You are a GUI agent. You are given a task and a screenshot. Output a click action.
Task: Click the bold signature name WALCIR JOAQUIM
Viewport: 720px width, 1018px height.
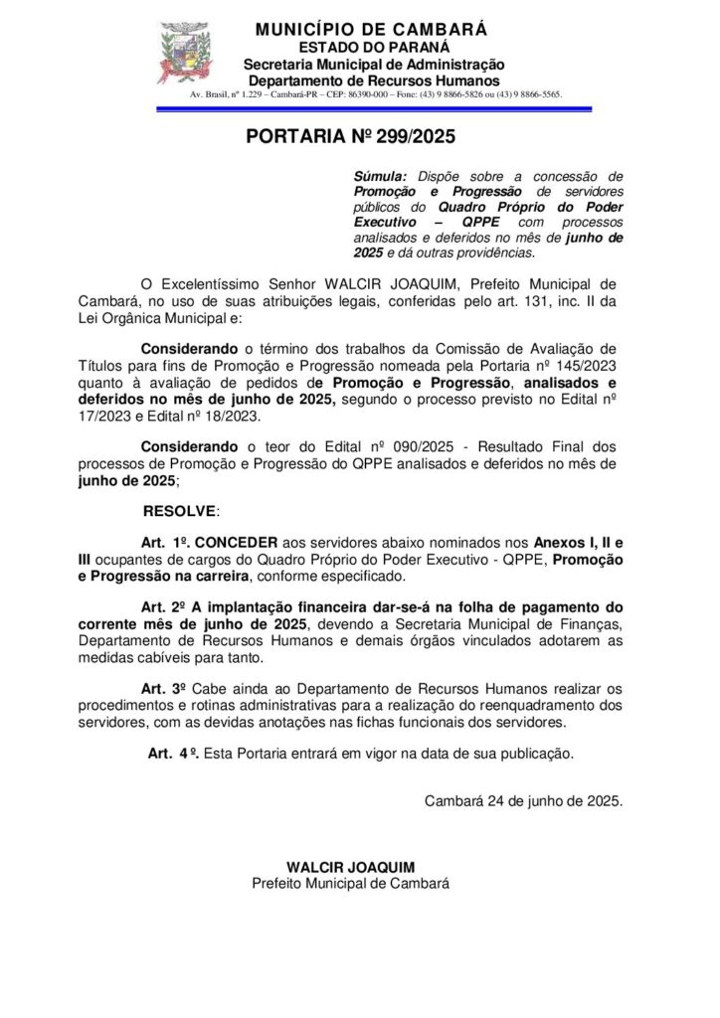[x=350, y=867]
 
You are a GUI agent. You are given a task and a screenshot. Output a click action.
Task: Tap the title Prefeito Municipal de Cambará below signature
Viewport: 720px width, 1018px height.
[x=350, y=883]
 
